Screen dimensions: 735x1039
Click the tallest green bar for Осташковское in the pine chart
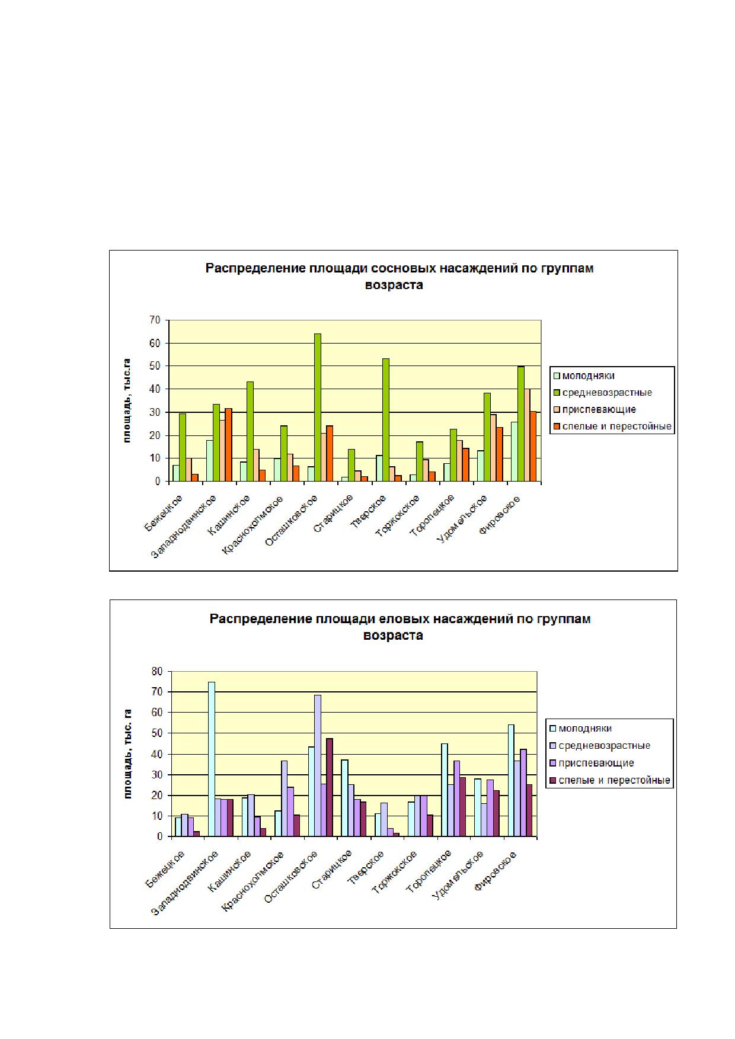pyautogui.click(x=317, y=408)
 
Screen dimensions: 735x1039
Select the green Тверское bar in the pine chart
pyautogui.click(x=385, y=420)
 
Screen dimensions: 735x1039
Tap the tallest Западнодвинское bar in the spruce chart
pyautogui.click(x=212, y=759)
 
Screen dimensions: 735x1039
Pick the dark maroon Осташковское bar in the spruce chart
pyautogui.click(x=330, y=787)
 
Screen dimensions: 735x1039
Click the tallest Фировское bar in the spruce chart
pyautogui.click(x=512, y=780)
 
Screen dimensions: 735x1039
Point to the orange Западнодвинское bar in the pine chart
pyautogui.click(x=228, y=445)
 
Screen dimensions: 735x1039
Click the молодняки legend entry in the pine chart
pyautogui.click(x=583, y=376)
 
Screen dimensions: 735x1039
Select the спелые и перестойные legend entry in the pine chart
pyautogui.click(x=612, y=426)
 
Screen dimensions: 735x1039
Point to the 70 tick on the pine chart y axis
pyautogui.click(x=155, y=320)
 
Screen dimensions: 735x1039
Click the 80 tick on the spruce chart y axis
pyautogui.click(x=156, y=671)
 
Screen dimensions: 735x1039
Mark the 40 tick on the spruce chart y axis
pyautogui.click(x=156, y=754)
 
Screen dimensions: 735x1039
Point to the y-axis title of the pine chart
pyautogui.click(x=126, y=400)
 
